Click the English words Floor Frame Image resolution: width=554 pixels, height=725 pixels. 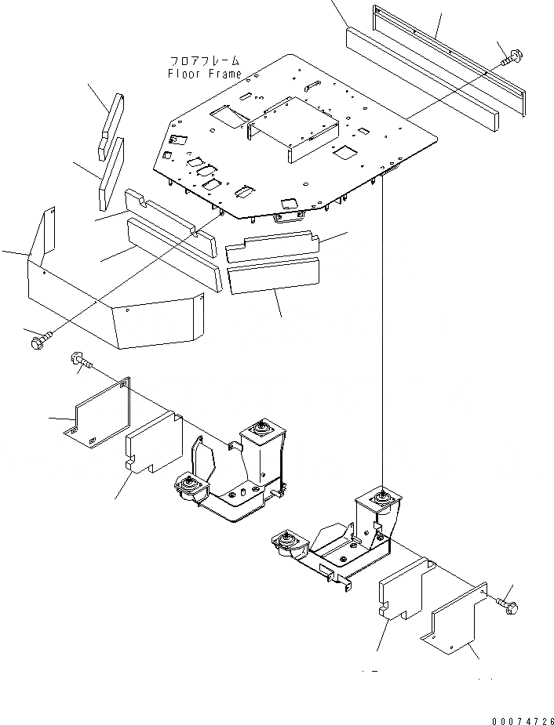(204, 74)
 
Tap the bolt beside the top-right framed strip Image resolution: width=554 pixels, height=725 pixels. (512, 56)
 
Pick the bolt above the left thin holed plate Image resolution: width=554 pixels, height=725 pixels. (81, 361)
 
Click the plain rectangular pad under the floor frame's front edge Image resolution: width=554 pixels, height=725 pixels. (273, 276)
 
